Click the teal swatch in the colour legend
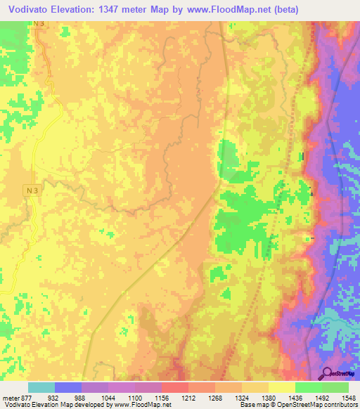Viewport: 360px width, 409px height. [x=41, y=387]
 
